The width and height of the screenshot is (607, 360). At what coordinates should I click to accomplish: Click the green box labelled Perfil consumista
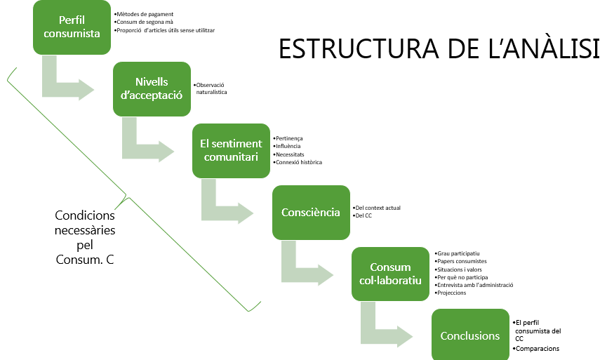coord(72,27)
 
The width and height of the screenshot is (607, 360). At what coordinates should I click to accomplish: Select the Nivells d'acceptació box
coord(152,88)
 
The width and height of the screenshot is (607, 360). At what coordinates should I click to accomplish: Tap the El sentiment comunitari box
coord(231,150)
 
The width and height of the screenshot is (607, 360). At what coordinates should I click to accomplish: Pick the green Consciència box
coord(311,212)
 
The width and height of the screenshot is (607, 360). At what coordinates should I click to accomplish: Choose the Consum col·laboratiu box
coord(390,274)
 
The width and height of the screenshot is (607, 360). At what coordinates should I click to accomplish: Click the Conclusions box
coord(469,335)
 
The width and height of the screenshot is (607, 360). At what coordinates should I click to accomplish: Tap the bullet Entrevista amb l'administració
coord(475,285)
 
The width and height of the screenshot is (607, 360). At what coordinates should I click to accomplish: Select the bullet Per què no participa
coord(462,277)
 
